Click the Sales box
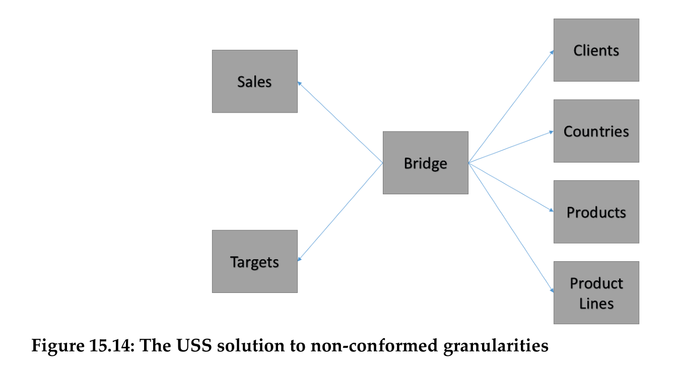[x=254, y=81]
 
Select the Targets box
[x=254, y=261]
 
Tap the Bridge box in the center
[x=425, y=163]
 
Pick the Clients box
[x=596, y=50]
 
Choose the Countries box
[x=596, y=131]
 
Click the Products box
[x=596, y=212]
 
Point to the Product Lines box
[x=596, y=292]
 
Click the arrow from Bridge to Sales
[x=340, y=122]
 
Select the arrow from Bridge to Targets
[x=340, y=211]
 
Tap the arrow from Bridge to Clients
[x=511, y=107]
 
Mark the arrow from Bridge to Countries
[x=511, y=147]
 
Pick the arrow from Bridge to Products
[x=511, y=187]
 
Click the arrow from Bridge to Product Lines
[x=511, y=227]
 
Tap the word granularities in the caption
[x=496, y=346]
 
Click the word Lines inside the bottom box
[x=596, y=304]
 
